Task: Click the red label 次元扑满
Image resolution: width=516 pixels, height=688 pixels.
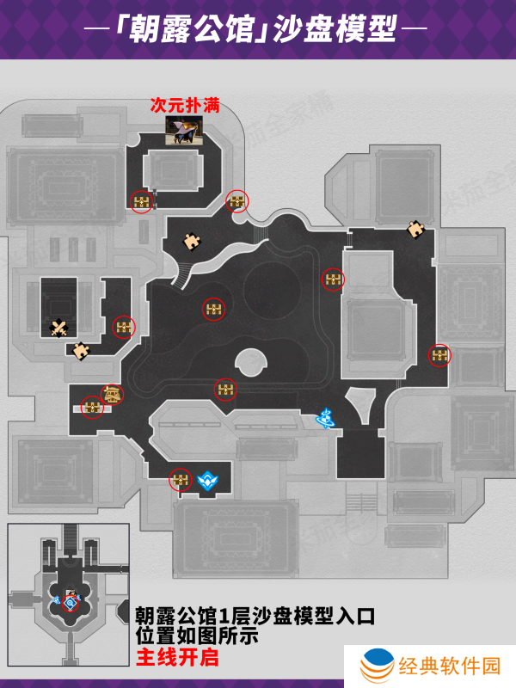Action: click(x=184, y=106)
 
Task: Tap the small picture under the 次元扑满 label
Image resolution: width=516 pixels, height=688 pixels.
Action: click(x=184, y=130)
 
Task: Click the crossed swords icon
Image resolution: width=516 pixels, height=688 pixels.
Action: click(x=59, y=327)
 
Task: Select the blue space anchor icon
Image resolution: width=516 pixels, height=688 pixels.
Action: click(x=325, y=419)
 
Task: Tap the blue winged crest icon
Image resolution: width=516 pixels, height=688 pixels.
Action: click(x=207, y=480)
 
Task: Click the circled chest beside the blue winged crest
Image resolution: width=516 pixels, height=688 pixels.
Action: click(x=180, y=480)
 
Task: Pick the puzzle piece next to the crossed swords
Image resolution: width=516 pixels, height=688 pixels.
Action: click(x=81, y=350)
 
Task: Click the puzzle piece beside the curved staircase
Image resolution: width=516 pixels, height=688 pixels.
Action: click(x=192, y=242)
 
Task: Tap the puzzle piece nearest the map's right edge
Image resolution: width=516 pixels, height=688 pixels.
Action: click(x=416, y=229)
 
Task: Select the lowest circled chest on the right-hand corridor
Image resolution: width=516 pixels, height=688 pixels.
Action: click(x=439, y=354)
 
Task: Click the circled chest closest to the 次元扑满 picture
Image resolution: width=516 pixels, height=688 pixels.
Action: click(x=142, y=201)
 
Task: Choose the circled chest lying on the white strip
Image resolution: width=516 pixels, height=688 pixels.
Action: click(x=92, y=406)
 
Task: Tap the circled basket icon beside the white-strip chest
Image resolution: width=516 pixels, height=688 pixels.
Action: click(x=112, y=394)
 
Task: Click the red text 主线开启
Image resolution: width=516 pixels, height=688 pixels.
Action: click(x=177, y=658)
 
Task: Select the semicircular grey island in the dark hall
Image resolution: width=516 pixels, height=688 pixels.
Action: click(x=249, y=362)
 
